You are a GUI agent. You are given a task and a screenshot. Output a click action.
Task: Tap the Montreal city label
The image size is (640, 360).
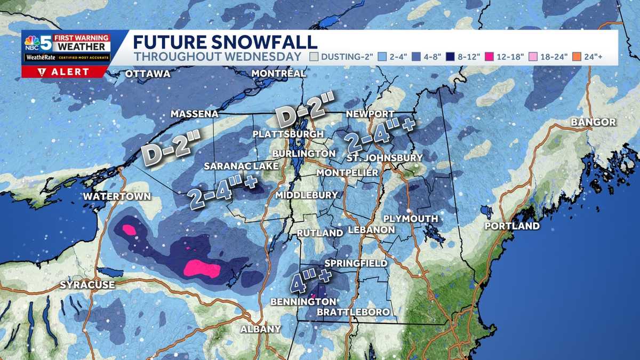[x=279, y=73]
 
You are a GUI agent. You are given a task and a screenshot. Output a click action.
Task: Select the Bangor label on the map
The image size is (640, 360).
[x=593, y=122]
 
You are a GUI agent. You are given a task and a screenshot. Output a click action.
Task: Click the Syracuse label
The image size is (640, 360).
[x=87, y=285]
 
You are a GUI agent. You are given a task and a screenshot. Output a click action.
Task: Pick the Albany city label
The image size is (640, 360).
[x=260, y=329]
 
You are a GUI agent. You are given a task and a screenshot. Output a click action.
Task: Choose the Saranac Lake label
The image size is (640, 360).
[x=242, y=166]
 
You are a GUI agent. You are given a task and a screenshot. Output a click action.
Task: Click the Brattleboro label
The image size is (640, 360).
[x=353, y=311]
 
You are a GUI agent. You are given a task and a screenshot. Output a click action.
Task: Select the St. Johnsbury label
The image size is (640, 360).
[x=384, y=158]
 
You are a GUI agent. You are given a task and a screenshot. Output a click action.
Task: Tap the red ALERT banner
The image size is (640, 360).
[x=66, y=72]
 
